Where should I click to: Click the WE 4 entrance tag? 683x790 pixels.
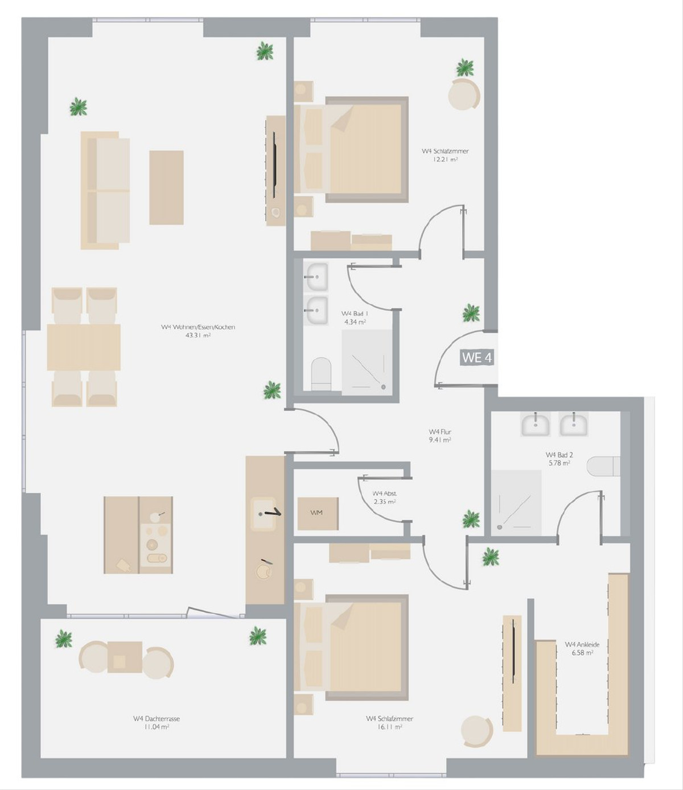476,357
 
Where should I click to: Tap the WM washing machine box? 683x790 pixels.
318,513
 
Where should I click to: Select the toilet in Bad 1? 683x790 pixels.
321,374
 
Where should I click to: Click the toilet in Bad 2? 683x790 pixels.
603,466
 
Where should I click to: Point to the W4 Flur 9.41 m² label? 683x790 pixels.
440,436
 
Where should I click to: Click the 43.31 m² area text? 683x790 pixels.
198,335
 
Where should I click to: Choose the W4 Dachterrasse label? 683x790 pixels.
157,718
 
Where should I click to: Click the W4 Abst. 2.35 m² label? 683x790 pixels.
385,497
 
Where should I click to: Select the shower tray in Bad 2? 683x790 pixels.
516,503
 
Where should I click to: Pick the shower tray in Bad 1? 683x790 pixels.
367,363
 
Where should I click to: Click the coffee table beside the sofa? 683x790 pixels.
166,188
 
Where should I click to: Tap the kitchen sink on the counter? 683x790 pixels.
264,514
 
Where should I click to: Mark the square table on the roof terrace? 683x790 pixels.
125,657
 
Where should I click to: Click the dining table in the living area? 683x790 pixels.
84,347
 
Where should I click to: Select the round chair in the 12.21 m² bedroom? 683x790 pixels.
464,94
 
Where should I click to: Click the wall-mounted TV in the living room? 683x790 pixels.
274,164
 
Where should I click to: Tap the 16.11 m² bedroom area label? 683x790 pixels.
389,727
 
